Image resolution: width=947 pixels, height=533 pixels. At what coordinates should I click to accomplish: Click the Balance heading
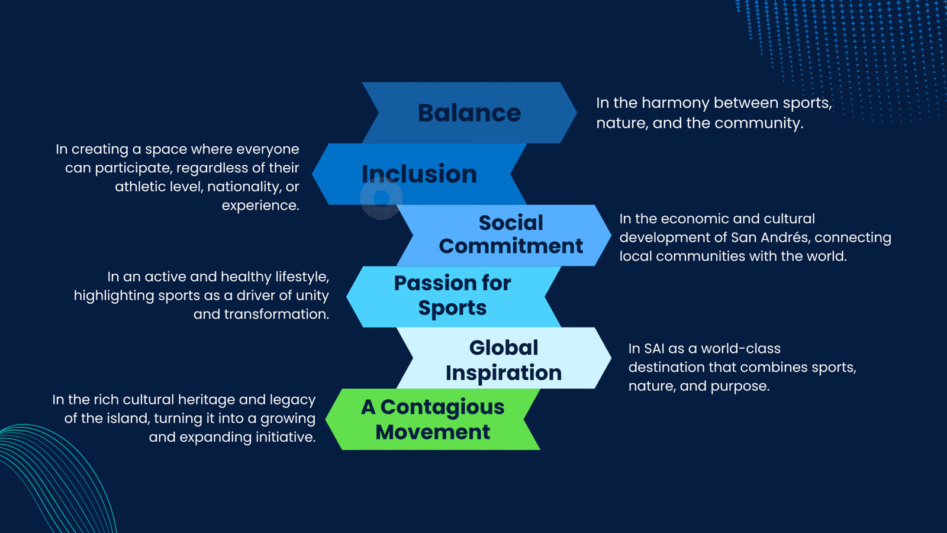click(x=469, y=113)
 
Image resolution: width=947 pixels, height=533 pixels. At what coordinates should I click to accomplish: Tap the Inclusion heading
click(x=420, y=174)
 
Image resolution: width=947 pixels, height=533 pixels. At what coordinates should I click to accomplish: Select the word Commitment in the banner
click(x=511, y=246)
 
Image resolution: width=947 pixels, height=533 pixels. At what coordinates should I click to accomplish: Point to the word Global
click(x=504, y=348)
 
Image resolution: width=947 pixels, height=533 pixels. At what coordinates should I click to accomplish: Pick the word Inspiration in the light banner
click(x=504, y=373)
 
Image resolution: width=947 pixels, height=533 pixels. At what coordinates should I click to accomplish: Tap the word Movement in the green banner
click(x=433, y=432)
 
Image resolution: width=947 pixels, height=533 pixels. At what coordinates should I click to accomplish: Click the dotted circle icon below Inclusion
click(x=381, y=198)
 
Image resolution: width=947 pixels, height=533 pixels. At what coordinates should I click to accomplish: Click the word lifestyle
click(x=302, y=277)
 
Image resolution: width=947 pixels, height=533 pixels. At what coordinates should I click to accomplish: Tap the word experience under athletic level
click(x=260, y=206)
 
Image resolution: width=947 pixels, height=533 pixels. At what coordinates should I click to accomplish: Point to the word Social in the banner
click(x=511, y=223)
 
